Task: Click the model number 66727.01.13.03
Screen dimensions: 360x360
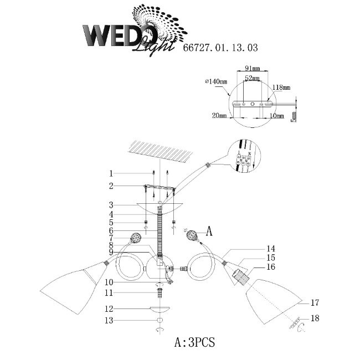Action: point(220,48)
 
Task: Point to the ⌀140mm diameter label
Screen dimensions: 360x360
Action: point(216,82)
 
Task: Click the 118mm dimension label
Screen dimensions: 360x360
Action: point(282,88)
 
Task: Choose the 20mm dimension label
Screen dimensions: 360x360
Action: point(219,115)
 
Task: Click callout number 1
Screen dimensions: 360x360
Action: point(111,173)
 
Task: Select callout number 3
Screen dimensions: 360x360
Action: point(111,204)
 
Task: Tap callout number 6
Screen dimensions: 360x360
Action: point(111,230)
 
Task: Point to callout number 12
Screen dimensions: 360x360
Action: point(110,308)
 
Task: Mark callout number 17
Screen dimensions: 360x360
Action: point(315,302)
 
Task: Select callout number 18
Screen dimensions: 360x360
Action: point(316,318)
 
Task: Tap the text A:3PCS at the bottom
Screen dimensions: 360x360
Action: point(194,342)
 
